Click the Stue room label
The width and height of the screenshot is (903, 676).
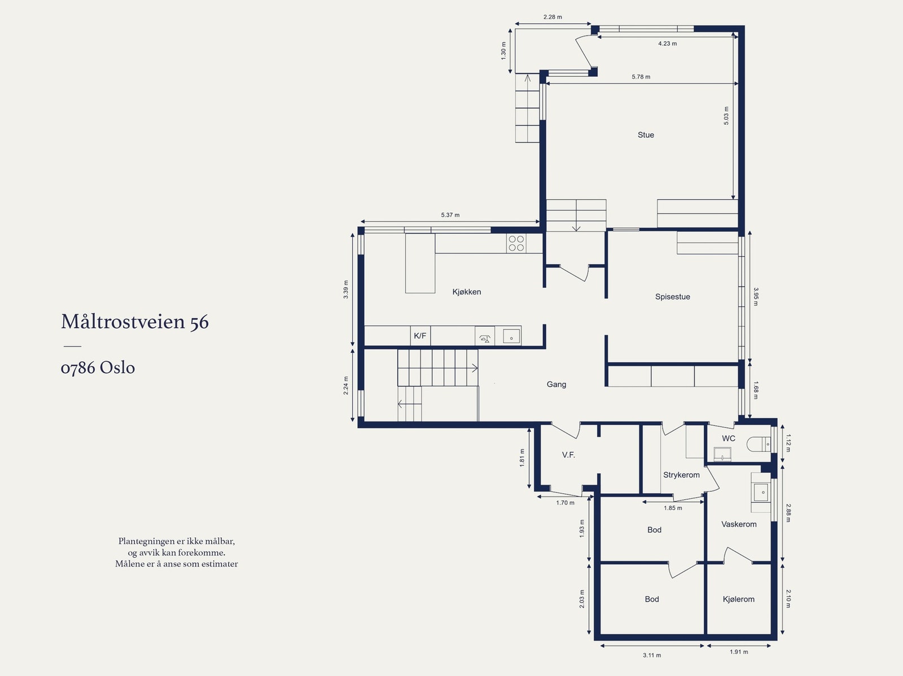646,135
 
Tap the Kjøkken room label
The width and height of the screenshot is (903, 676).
467,292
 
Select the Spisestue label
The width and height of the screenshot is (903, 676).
673,297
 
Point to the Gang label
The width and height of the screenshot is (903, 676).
556,384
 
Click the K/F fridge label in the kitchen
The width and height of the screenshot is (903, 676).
420,336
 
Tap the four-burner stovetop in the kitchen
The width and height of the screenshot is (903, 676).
516,243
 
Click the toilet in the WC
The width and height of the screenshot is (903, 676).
759,444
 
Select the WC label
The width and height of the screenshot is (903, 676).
728,438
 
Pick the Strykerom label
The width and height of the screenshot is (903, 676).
681,475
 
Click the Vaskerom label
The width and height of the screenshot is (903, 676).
739,524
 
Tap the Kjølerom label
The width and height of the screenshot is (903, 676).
738,599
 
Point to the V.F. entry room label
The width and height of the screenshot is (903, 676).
568,455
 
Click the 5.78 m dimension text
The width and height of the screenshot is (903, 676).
641,77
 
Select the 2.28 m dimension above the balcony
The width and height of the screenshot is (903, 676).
553,17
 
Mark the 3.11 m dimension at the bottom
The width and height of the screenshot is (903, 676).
652,656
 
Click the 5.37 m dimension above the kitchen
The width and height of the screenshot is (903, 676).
450,215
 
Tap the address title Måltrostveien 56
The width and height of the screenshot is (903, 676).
135,321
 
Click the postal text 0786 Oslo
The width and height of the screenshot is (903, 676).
98,367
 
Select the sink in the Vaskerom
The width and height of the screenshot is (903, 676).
761,492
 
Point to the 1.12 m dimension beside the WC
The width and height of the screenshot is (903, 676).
788,444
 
